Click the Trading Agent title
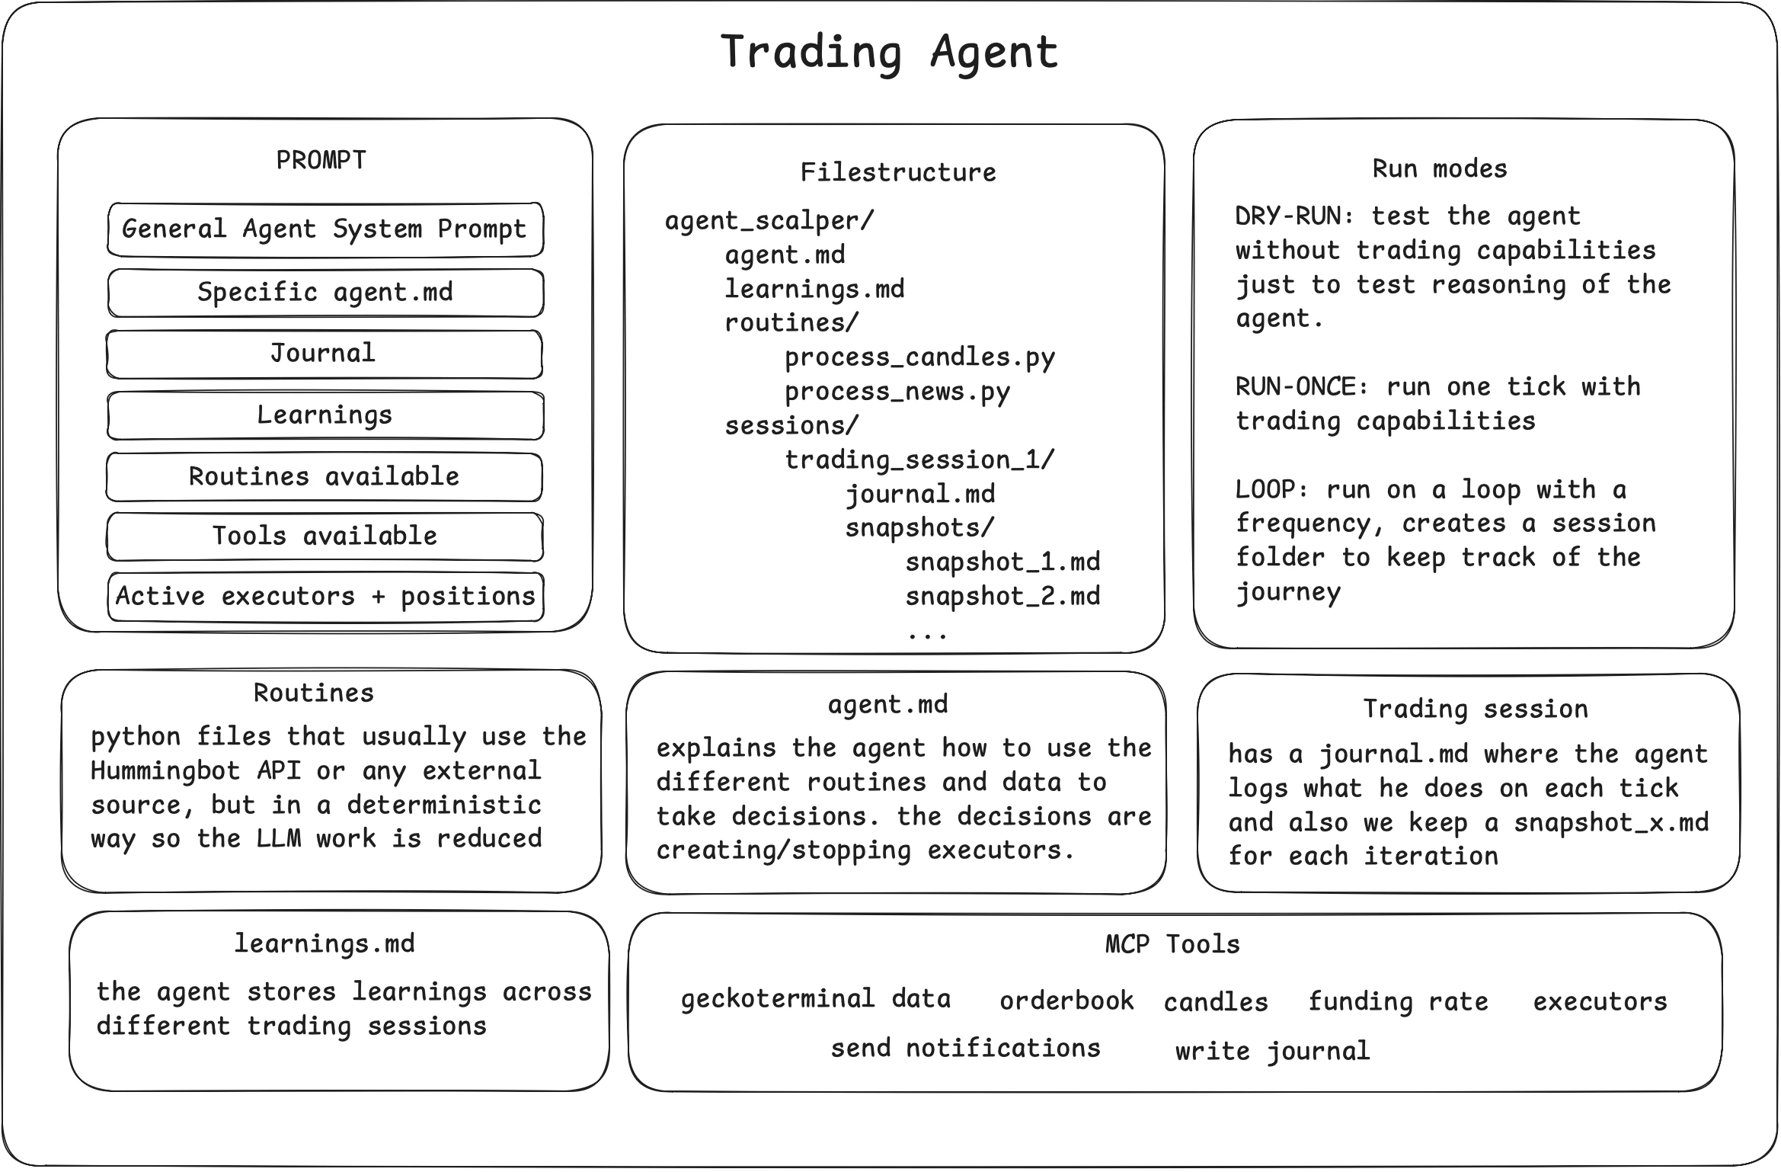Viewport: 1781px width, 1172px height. (889, 52)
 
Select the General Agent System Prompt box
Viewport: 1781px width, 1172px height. (325, 229)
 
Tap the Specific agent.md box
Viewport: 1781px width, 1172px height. (325, 292)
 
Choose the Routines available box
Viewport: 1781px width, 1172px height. (324, 477)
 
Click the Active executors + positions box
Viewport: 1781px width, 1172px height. (325, 597)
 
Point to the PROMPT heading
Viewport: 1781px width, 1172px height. (321, 160)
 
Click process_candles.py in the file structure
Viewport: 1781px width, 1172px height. (919, 357)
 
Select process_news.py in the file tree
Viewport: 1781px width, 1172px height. (897, 392)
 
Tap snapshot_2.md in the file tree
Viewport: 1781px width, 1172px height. (1002, 597)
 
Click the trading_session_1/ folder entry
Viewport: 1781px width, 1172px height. (919, 460)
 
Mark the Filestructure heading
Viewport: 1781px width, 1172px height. (897, 172)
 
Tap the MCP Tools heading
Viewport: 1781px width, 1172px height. (1172, 945)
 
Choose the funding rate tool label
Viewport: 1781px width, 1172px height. (1398, 1001)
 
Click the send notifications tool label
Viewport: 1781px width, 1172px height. (965, 1049)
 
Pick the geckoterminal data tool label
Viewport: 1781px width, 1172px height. (815, 999)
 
